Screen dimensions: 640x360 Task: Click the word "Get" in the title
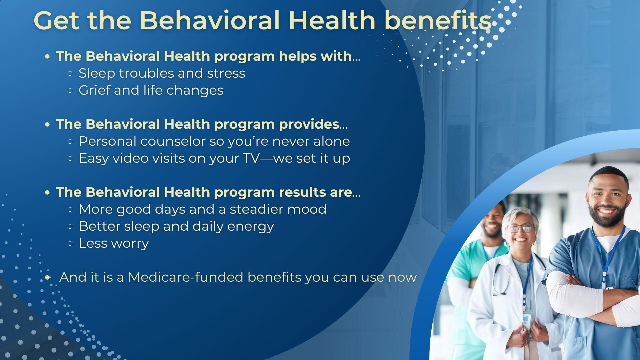point(57,21)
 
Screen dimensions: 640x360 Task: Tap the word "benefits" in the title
point(438,21)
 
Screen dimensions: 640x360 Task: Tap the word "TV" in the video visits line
point(251,158)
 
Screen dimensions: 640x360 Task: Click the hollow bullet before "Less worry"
point(70,244)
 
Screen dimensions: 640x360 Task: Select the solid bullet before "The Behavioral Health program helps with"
point(47,57)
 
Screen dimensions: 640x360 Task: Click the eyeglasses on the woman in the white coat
point(520,228)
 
